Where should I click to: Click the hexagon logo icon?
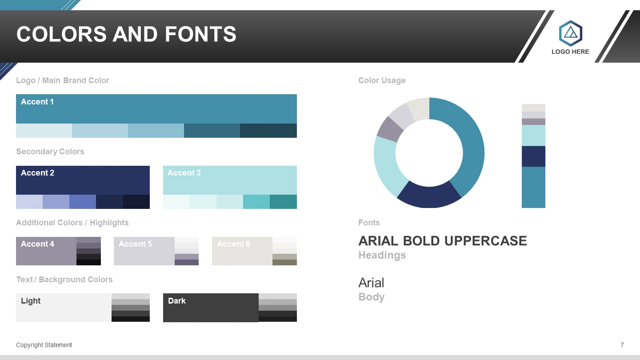571,33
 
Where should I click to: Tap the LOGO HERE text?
570,52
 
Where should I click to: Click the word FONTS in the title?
200,34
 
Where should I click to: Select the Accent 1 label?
37,102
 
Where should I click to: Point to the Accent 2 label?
37,173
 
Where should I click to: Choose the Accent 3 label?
184,173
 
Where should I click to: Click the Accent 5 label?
135,244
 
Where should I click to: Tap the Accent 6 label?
233,244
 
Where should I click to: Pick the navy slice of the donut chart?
429,196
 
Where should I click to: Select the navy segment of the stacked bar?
533,156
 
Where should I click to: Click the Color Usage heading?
382,80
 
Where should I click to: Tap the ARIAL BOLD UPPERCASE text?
443,241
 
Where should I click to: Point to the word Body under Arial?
372,297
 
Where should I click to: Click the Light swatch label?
31,301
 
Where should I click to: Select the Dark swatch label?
176,301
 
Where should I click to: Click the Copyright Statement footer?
44,345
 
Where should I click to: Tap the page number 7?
622,345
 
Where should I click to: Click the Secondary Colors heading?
50,152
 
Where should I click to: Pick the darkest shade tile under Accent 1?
268,131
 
